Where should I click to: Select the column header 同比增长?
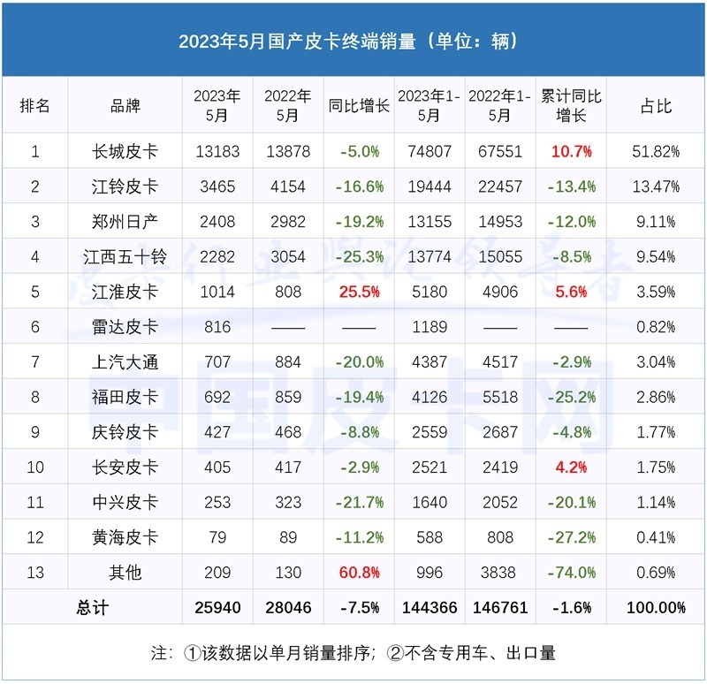(359, 106)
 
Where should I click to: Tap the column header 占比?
(656, 106)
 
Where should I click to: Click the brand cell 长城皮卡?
(125, 151)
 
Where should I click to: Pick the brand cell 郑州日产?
(125, 221)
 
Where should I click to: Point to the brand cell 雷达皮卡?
(125, 327)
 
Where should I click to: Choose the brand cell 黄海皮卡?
(125, 537)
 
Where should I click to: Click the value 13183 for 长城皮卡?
(217, 151)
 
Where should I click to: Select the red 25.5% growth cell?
(359, 292)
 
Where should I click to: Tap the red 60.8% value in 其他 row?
(359, 573)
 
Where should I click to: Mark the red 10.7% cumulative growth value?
(571, 151)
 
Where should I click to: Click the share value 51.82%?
(656, 151)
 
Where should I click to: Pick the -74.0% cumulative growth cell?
(571, 573)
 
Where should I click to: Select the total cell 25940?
(217, 608)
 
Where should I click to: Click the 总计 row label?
(92, 608)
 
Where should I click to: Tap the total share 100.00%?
(656, 608)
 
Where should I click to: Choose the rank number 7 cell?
(35, 361)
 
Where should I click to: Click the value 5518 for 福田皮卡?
(499, 397)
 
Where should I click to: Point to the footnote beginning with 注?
(353, 654)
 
